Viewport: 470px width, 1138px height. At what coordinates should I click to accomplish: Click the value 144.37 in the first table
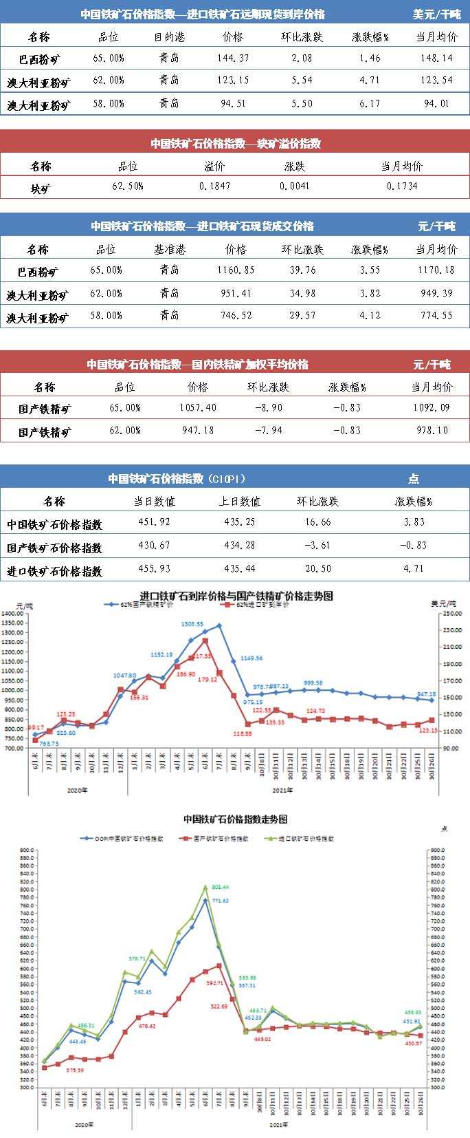click(x=233, y=58)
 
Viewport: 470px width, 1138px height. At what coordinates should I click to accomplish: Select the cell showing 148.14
click(x=436, y=58)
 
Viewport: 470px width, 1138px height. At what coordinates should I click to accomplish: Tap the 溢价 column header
click(x=214, y=166)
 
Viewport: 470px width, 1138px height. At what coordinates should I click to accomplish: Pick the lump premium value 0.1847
click(x=214, y=186)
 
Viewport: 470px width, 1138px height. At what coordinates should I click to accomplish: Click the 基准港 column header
click(x=169, y=249)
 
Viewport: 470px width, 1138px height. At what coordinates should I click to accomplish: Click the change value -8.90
click(x=268, y=407)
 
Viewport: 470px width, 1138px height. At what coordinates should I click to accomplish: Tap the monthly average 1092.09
click(x=432, y=407)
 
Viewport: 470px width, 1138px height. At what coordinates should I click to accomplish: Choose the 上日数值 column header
click(x=240, y=502)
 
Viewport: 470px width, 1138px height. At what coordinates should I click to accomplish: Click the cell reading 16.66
click(x=317, y=522)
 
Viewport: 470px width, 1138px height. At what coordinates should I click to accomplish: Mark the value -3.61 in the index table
click(x=317, y=546)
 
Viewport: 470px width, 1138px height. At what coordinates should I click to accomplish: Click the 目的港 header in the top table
click(x=169, y=37)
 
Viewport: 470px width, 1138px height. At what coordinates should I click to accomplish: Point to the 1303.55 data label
click(x=192, y=624)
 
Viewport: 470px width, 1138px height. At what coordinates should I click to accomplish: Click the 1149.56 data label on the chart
click(x=251, y=658)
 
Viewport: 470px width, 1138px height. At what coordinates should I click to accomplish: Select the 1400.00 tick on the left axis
click(x=12, y=613)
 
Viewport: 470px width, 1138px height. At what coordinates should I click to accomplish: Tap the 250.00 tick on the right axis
click(x=451, y=613)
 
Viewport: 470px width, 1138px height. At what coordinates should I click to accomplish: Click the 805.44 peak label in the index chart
click(x=220, y=888)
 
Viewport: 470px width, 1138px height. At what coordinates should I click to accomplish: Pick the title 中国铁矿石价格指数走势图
click(x=235, y=819)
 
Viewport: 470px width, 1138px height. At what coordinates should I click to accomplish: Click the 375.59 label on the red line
click(x=75, y=1071)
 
